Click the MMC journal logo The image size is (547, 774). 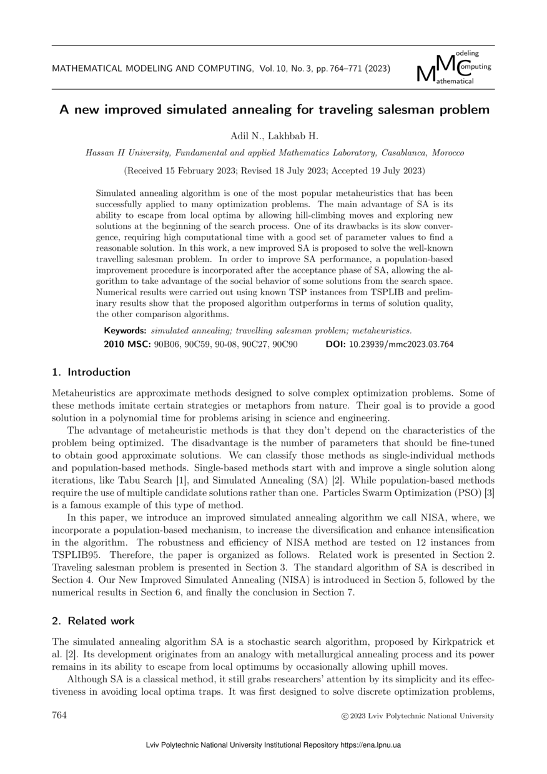pos(454,68)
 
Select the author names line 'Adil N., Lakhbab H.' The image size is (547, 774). pos(273,135)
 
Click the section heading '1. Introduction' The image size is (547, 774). pos(91,372)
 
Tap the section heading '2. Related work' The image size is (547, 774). pos(93,621)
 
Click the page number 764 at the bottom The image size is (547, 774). pos(59,715)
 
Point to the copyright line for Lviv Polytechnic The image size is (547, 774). pos(415,716)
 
